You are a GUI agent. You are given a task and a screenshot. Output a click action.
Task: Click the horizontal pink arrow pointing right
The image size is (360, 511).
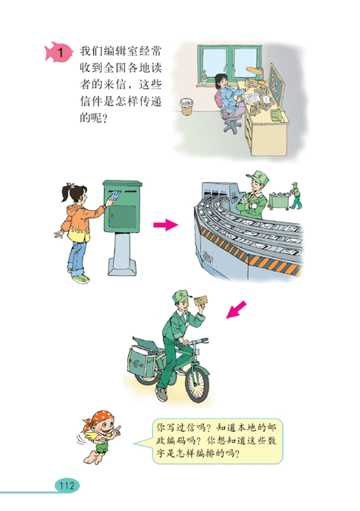(x=164, y=225)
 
